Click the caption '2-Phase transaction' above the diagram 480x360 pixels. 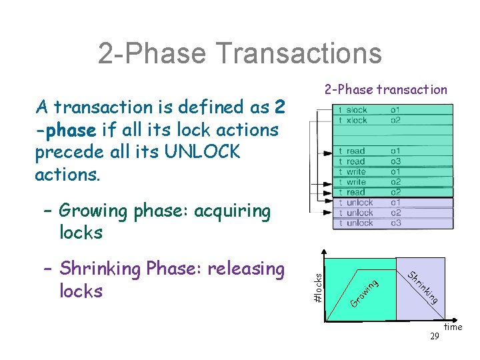[x=386, y=89]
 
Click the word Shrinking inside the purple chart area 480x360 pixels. [x=423, y=287]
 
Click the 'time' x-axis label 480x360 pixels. [x=453, y=327]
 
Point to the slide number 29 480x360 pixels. [x=434, y=337]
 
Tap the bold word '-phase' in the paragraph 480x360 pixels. [x=65, y=129]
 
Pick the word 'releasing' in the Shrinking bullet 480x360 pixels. [x=246, y=269]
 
